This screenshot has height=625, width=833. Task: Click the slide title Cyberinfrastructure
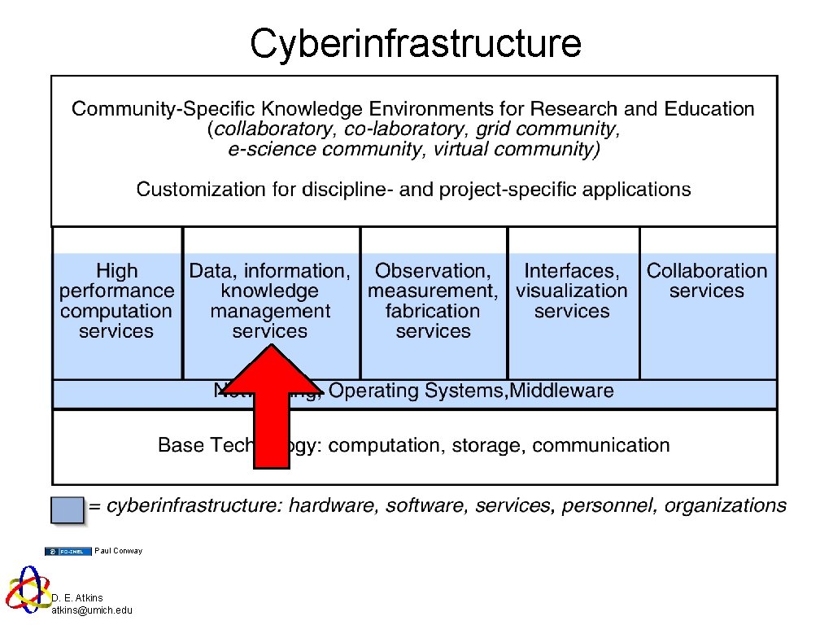(x=416, y=43)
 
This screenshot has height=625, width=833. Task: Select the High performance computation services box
(x=116, y=301)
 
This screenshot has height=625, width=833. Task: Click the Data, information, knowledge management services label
(x=270, y=301)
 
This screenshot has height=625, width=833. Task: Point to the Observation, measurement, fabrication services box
(x=433, y=301)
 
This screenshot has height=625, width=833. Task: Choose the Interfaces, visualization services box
(x=572, y=291)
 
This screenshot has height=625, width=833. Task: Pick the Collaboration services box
(x=707, y=281)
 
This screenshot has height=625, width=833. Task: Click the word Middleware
(x=562, y=391)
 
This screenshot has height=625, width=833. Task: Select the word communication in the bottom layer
(x=601, y=445)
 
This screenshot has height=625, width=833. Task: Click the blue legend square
(x=67, y=509)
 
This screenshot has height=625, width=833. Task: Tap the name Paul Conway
(x=118, y=551)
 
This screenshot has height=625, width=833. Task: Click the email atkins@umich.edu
(x=92, y=610)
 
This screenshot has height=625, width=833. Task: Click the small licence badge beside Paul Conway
(x=68, y=551)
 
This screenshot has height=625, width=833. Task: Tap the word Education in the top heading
(x=709, y=109)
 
